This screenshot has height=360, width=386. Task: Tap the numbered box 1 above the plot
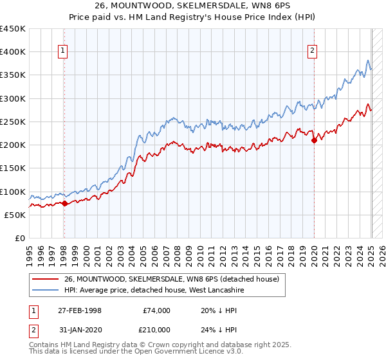click(x=64, y=52)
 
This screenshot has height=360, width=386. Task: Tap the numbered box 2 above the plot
click(x=313, y=52)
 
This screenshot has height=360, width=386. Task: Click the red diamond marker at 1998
click(x=64, y=203)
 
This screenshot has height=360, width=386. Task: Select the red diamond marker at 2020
click(x=314, y=141)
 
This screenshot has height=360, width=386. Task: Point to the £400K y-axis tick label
click(x=13, y=52)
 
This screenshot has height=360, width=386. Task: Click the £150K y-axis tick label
click(x=13, y=168)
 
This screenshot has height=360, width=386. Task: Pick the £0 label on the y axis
click(x=20, y=239)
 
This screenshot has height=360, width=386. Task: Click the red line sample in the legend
click(x=46, y=279)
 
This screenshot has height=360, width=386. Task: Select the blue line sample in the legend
click(x=46, y=290)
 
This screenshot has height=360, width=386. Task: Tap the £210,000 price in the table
click(x=156, y=330)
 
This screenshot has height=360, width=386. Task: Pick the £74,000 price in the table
click(x=156, y=310)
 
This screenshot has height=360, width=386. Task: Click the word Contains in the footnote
click(x=46, y=345)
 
